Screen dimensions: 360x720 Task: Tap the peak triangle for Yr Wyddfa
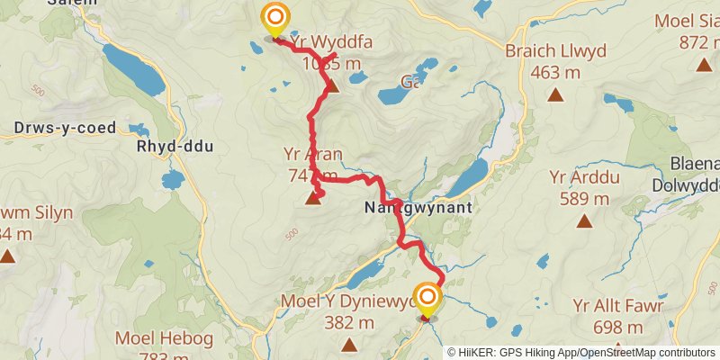(332, 86)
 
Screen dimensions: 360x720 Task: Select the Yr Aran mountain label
(311, 154)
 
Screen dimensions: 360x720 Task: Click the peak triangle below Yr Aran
(313, 198)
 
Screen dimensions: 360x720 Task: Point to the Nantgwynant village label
(417, 207)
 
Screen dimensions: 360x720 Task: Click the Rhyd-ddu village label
(175, 146)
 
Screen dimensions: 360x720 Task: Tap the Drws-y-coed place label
(65, 128)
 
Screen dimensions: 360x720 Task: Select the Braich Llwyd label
(555, 51)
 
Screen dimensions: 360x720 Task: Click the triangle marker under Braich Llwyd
(555, 94)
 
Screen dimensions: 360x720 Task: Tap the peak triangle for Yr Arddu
(584, 220)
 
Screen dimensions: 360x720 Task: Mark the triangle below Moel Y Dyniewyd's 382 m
(348, 343)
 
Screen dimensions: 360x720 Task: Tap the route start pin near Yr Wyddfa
(274, 19)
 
